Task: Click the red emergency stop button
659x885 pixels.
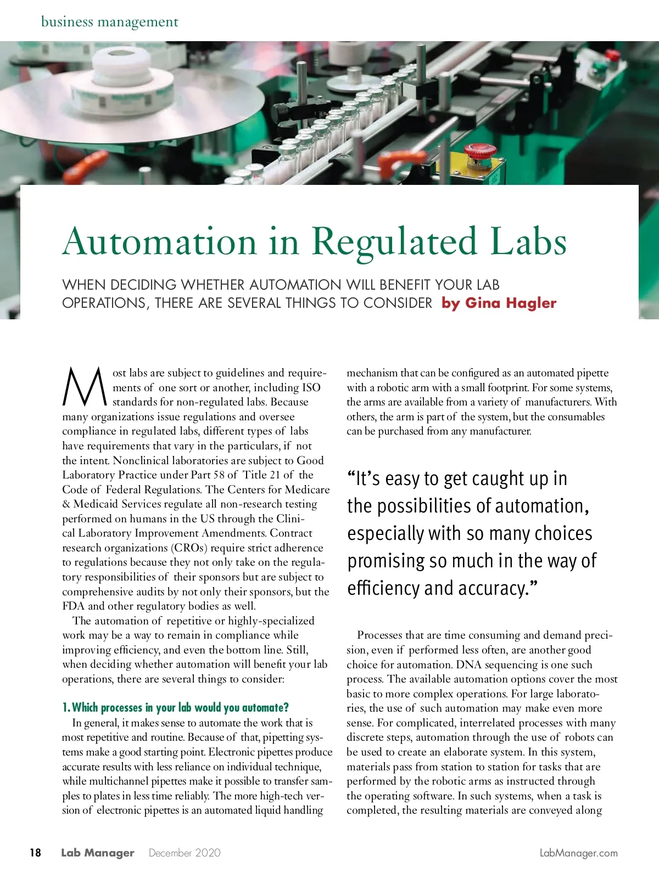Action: (x=479, y=151)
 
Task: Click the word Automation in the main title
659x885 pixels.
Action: (x=160, y=241)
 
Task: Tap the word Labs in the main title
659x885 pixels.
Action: (x=528, y=241)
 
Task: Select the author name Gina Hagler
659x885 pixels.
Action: (x=511, y=303)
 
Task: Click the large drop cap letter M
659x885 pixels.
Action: (x=84, y=386)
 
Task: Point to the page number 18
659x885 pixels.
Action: (x=35, y=853)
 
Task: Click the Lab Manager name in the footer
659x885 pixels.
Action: (x=97, y=853)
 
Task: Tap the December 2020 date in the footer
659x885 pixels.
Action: (x=185, y=853)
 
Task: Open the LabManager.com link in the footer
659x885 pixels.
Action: (x=578, y=853)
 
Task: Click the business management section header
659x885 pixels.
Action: (x=110, y=22)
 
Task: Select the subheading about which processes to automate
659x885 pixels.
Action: (x=175, y=707)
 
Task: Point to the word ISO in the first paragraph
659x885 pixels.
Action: (x=311, y=387)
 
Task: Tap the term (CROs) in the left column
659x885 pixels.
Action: (x=189, y=548)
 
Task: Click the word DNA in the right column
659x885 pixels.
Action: (x=468, y=664)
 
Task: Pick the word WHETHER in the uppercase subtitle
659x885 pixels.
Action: (x=213, y=285)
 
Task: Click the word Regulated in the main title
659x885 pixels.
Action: (x=394, y=241)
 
